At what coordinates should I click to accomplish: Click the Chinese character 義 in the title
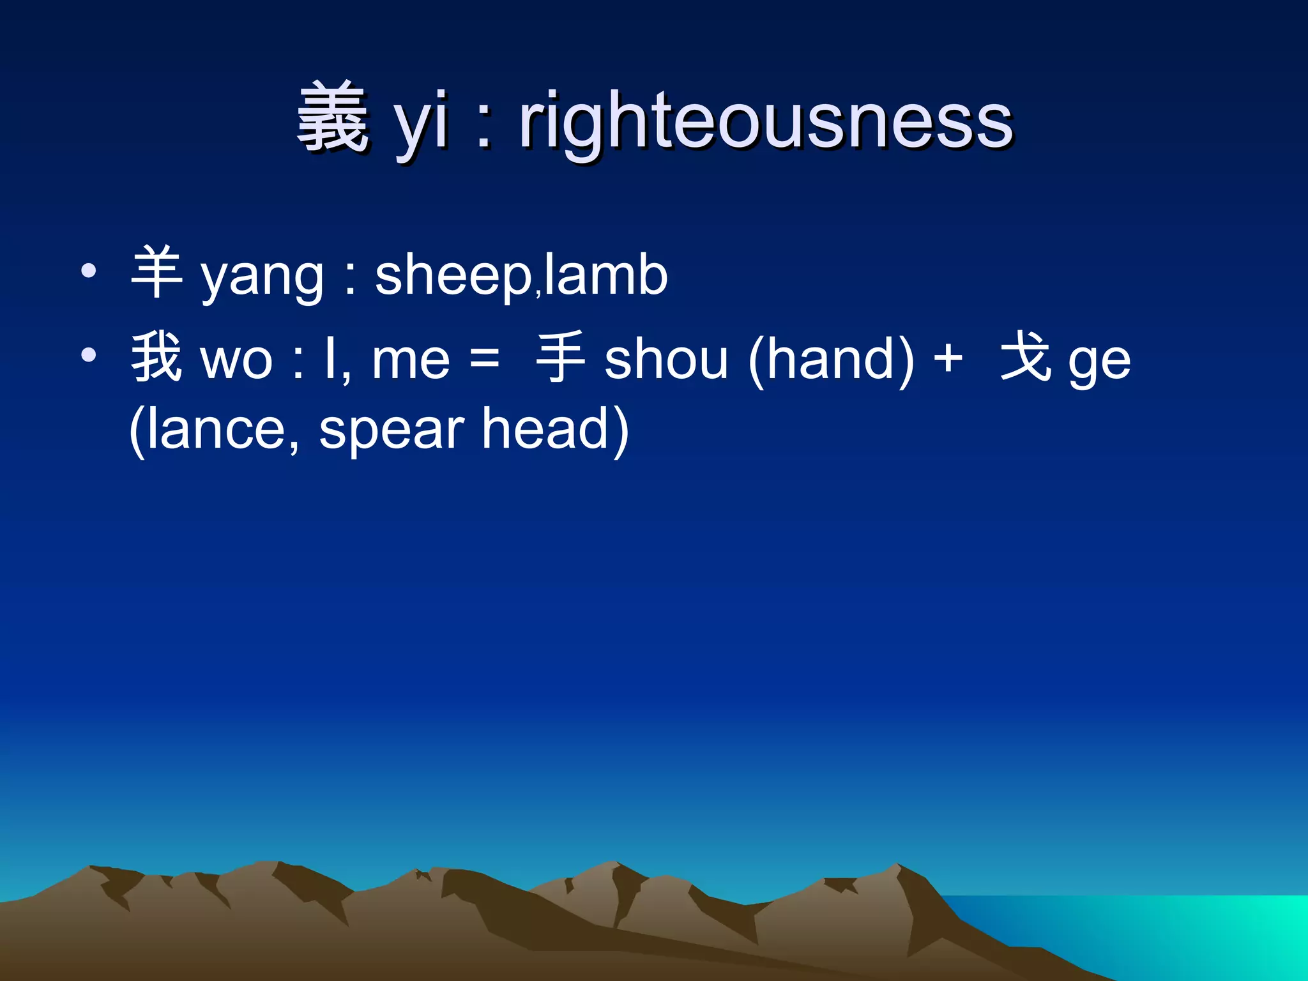click(333, 119)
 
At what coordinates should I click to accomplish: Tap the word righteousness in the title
click(765, 121)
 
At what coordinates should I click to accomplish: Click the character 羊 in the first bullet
click(156, 273)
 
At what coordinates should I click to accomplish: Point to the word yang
click(262, 278)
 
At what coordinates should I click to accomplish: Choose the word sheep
click(453, 278)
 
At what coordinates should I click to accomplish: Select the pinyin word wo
click(236, 361)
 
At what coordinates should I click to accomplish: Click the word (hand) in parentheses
click(831, 360)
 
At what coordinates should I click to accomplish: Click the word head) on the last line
click(555, 429)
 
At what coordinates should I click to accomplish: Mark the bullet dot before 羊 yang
click(89, 271)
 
